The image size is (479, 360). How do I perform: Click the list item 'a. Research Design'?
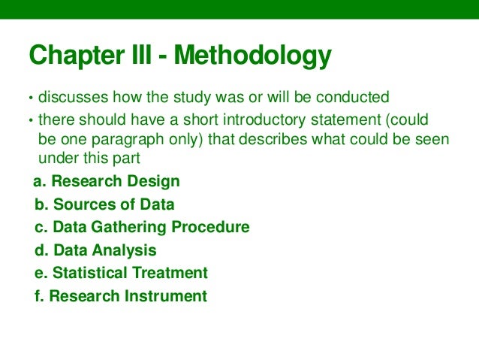tap(107, 181)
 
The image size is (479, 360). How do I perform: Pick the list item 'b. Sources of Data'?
tap(104, 204)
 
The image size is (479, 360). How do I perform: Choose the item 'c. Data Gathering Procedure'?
tap(142, 227)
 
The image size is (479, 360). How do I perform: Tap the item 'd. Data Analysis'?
tap(95, 250)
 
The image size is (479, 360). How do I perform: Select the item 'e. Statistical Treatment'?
tap(121, 273)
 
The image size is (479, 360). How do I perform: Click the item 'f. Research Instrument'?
tap(120, 296)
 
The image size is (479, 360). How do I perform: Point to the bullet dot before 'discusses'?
tap(31, 98)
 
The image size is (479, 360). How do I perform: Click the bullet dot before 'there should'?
tap(31, 121)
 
